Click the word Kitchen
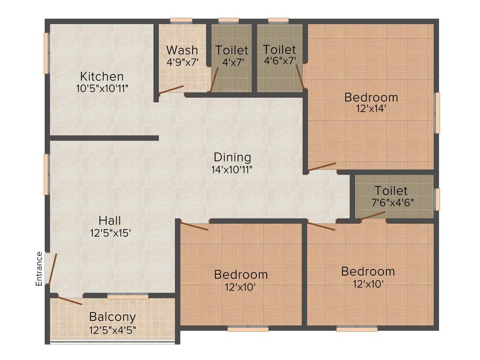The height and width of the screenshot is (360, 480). (102, 76)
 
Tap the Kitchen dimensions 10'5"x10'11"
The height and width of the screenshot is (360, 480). (102, 88)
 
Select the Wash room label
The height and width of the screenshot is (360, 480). (182, 50)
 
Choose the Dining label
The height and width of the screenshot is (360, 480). (232, 157)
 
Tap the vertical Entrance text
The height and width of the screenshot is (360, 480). (39, 269)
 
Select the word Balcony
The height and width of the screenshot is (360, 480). (112, 317)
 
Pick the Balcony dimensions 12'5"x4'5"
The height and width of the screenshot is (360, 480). (112, 330)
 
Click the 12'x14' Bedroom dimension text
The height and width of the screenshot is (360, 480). (371, 109)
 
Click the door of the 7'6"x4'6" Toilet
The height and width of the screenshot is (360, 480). (373, 215)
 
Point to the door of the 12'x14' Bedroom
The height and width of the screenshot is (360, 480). (322, 166)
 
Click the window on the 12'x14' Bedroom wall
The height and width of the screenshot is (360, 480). (437, 112)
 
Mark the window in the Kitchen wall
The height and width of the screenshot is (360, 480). (46, 53)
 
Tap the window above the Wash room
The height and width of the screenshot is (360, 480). (180, 21)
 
